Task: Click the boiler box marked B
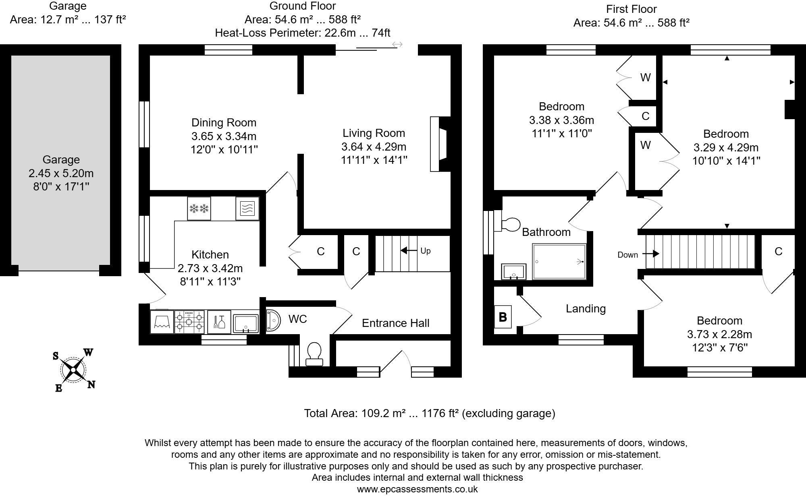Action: click(x=503, y=317)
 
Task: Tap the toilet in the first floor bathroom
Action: click(x=511, y=225)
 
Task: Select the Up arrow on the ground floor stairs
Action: click(x=409, y=250)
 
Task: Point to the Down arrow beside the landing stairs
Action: click(x=650, y=254)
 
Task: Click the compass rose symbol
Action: click(x=73, y=370)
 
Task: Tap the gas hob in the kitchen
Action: click(x=189, y=322)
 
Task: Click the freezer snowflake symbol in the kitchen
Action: click(x=199, y=209)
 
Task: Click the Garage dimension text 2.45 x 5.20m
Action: click(x=61, y=173)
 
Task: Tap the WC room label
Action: click(x=298, y=319)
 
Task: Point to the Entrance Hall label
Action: click(x=395, y=323)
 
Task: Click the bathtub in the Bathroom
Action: click(x=559, y=261)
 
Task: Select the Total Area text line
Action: click(x=429, y=413)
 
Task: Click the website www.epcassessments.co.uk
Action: click(x=417, y=489)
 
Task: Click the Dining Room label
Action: click(x=224, y=122)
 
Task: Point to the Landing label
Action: click(x=586, y=308)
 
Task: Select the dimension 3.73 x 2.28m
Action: click(x=719, y=334)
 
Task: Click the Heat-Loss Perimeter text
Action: click(x=302, y=33)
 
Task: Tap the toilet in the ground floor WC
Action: click(x=314, y=353)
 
